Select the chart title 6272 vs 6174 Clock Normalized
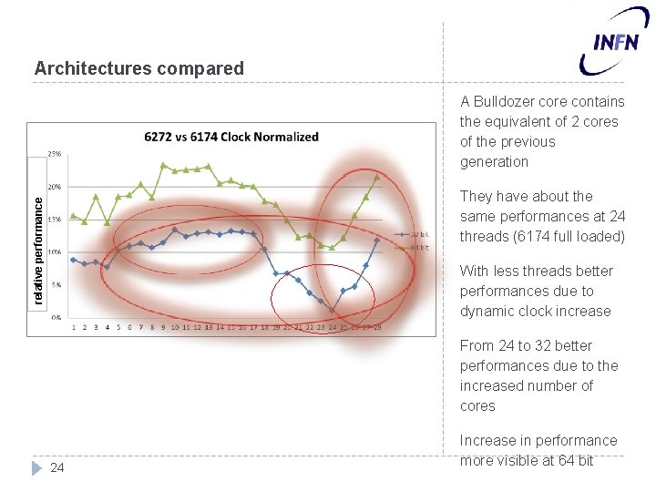tap(231, 137)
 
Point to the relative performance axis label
tap(37, 241)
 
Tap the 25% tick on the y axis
tap(55, 153)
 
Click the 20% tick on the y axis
tap(55, 186)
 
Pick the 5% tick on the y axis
tap(56, 284)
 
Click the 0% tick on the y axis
tap(56, 317)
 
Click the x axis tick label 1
tap(74, 327)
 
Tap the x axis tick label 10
tap(175, 327)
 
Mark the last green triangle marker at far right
tap(377, 177)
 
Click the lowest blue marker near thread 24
tap(333, 312)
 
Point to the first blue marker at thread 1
tap(74, 260)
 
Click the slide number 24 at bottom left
tap(57, 468)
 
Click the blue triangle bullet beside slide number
tap(36, 468)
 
